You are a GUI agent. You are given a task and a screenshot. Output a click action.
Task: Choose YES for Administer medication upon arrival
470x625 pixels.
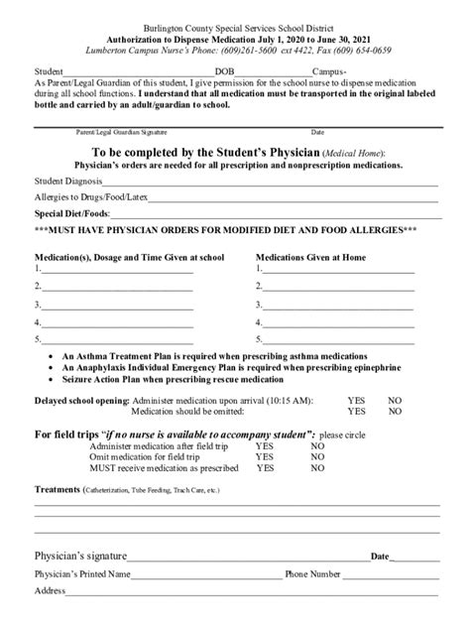point(356,401)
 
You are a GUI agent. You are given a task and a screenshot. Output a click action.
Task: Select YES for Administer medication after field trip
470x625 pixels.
point(265,446)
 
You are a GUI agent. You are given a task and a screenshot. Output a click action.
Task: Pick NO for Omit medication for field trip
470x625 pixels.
point(317,456)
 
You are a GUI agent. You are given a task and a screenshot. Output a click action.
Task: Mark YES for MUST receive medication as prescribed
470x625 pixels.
point(265,466)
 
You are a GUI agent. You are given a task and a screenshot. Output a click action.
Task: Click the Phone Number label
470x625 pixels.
point(312,574)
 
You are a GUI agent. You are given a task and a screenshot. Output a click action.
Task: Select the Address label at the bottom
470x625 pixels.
point(51,590)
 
